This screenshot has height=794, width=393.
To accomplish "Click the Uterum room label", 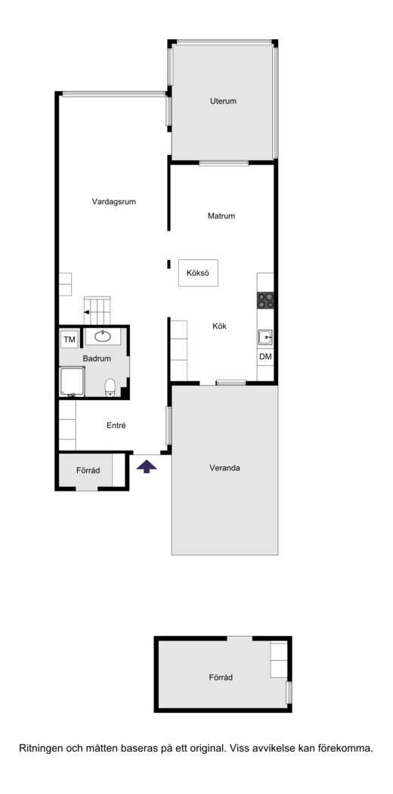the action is [223, 101].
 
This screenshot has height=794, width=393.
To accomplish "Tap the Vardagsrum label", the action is [114, 202].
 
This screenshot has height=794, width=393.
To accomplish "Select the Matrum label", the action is [221, 216].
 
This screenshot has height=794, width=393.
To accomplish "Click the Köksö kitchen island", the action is [198, 273].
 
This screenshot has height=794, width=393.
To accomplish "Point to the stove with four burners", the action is [265, 301].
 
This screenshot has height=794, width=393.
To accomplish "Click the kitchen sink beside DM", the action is [265, 337].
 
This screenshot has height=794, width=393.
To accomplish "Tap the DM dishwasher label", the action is [265, 357].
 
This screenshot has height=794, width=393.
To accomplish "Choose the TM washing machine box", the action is [70, 340].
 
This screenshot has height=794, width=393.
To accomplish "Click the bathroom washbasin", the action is [104, 336].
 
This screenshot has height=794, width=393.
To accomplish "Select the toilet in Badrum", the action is [110, 388].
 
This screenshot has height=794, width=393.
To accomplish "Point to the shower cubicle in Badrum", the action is [72, 383].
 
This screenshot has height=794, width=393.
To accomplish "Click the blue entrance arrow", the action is [147, 467].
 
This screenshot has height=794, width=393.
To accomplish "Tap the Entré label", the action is [116, 426].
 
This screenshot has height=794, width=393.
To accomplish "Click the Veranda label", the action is [224, 468].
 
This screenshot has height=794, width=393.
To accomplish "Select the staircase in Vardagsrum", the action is [97, 310].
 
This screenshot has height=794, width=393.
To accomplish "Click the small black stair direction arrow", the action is [87, 312].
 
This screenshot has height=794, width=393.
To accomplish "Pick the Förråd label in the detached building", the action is [221, 678].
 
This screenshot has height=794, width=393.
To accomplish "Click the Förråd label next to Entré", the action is [88, 471].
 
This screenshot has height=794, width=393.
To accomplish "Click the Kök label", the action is [219, 327].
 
